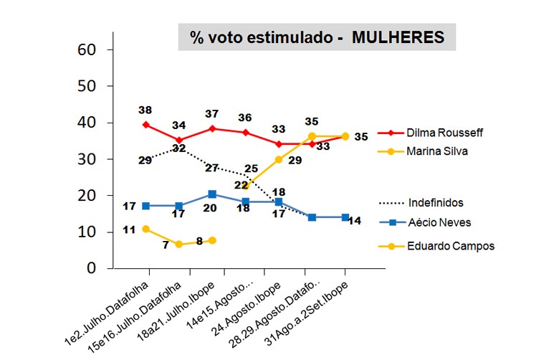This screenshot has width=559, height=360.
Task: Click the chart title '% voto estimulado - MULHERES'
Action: pos(317,38)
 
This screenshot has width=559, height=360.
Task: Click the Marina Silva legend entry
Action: pos(436,151)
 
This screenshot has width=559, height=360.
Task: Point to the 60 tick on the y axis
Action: pos(87,49)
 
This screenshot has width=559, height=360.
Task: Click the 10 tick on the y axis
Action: pos(87,232)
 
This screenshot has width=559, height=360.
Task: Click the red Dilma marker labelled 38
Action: pos(147,125)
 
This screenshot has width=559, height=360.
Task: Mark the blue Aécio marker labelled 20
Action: pos(212,194)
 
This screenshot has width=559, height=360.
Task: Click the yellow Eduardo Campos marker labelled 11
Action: pos(147,229)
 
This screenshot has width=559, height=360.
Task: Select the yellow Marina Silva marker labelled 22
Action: pos(246,185)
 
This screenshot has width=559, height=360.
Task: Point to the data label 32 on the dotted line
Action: pos(178,148)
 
